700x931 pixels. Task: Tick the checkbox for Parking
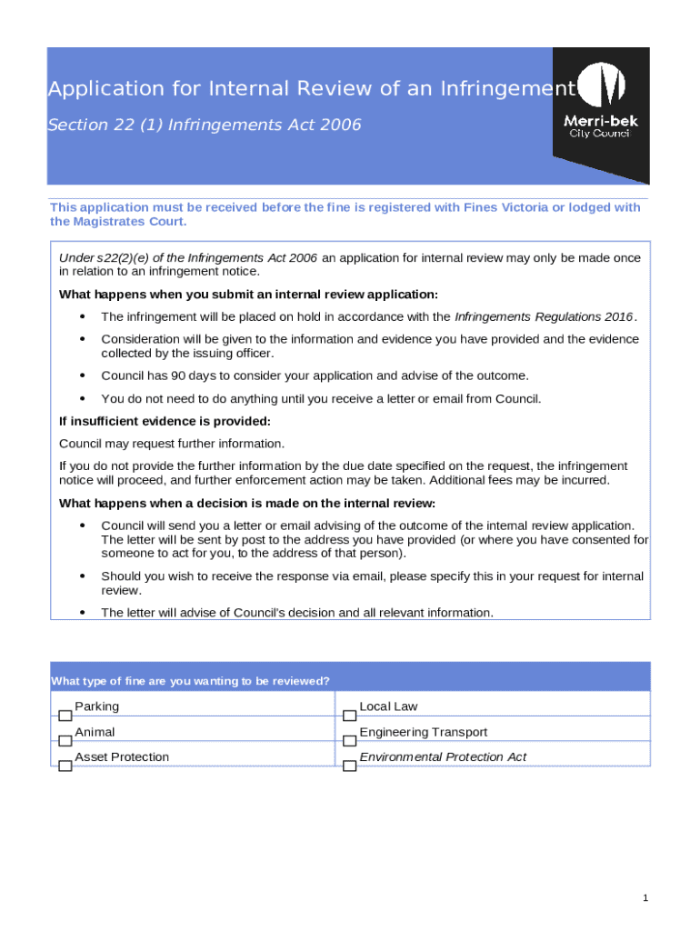pyautogui.click(x=65, y=716)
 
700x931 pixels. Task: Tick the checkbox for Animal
pyautogui.click(x=65, y=741)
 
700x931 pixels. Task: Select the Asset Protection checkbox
pyautogui.click(x=65, y=766)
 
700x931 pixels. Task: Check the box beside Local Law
pyautogui.click(x=349, y=716)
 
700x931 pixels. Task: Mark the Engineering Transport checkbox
pyautogui.click(x=349, y=741)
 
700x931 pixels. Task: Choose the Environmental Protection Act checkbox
pyautogui.click(x=349, y=766)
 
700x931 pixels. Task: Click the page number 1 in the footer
pyautogui.click(x=645, y=898)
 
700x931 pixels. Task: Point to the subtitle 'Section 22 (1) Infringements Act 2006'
pyautogui.click(x=205, y=125)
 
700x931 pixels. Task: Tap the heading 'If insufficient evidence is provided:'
pyautogui.click(x=165, y=421)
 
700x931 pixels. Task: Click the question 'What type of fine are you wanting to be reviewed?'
pyautogui.click(x=190, y=681)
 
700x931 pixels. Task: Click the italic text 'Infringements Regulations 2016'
pyautogui.click(x=543, y=316)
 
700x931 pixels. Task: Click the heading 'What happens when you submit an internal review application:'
pyautogui.click(x=248, y=294)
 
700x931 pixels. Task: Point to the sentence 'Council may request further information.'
pyautogui.click(x=172, y=444)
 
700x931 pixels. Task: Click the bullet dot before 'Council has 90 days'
pyautogui.click(x=83, y=375)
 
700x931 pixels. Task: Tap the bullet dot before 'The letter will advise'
pyautogui.click(x=83, y=613)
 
